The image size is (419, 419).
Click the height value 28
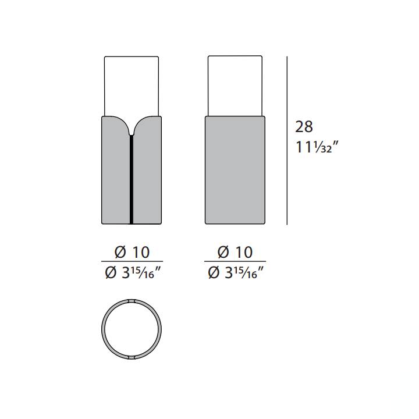(304, 127)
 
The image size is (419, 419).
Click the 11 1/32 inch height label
(317, 147)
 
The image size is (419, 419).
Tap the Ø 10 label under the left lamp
(132, 252)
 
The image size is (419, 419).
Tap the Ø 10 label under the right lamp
(235, 252)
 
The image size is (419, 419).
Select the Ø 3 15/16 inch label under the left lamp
(133, 273)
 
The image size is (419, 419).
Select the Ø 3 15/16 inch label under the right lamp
(236, 273)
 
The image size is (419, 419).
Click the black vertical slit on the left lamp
(132, 180)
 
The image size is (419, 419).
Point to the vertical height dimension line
(287, 140)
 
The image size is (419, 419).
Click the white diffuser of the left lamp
(132, 86)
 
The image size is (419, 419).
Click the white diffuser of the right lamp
(235, 86)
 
